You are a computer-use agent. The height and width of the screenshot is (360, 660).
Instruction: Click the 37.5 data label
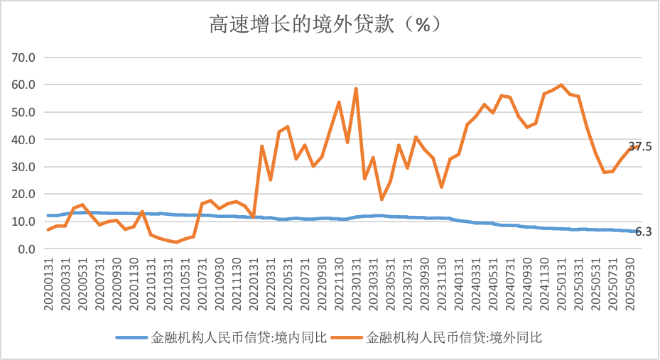tap(640, 146)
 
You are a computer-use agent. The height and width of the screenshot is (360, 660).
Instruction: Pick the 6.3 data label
tap(643, 231)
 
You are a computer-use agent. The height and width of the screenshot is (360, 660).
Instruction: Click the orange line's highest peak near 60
tap(561, 85)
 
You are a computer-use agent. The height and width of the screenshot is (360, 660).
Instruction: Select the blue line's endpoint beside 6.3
tap(630, 231)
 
